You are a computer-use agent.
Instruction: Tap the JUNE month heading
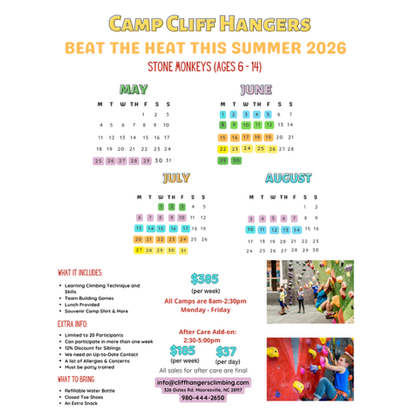pos(256,88)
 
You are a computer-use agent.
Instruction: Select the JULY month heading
pos(176,178)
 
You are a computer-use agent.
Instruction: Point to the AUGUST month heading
pos(288,178)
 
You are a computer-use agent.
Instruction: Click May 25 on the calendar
pos(98,160)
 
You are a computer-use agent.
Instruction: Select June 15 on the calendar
pos(223,137)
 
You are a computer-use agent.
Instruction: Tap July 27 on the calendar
pos(139,250)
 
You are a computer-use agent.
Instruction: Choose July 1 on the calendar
pos(161,205)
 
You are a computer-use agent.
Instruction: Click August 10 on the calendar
pos(251,229)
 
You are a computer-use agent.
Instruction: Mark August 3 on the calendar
pos(251,217)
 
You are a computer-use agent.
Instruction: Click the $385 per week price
pos(205,278)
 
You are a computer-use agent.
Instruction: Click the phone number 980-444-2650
pos(204,397)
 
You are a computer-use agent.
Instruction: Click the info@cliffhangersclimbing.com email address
pos(204,382)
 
